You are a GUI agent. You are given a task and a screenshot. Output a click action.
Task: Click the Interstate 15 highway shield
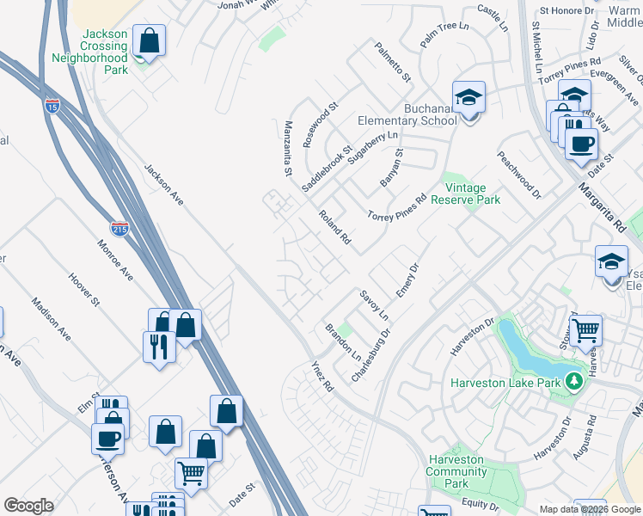[52, 106]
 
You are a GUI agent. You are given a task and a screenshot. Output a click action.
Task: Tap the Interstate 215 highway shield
[120, 229]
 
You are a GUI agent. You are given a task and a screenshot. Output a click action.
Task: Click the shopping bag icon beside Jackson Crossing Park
[149, 41]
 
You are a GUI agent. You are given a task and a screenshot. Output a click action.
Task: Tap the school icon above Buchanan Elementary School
[468, 98]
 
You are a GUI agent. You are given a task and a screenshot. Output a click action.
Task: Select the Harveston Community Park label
[456, 471]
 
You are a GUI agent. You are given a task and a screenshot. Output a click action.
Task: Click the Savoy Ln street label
[374, 304]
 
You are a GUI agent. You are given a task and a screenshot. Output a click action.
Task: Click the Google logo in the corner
[29, 506]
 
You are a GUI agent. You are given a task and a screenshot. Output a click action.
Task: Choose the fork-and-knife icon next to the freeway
[158, 347]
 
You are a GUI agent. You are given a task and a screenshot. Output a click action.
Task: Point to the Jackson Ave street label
[163, 185]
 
